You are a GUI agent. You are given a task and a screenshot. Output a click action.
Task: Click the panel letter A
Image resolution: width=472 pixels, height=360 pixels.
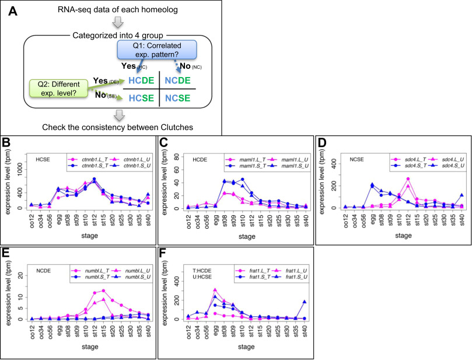click(x=11, y=9)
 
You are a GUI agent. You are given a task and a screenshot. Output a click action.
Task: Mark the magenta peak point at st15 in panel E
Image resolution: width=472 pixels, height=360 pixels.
click(x=103, y=291)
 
